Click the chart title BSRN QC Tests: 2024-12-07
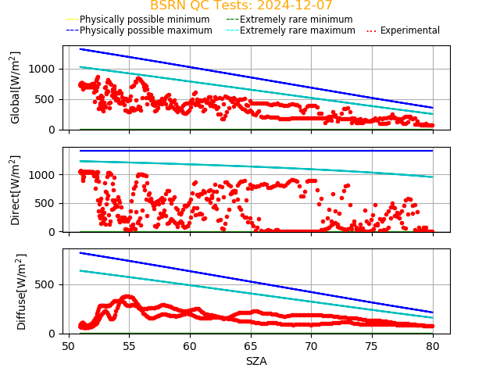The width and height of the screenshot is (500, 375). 241,5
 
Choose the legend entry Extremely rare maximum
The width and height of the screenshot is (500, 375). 296,30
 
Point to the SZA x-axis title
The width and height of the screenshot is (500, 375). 256,362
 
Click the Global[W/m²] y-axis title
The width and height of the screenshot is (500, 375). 16,87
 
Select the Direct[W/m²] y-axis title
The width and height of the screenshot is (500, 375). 16,190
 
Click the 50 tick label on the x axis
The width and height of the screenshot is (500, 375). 68,345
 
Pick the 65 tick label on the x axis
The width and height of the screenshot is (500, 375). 250,345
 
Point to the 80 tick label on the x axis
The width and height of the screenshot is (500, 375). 432,345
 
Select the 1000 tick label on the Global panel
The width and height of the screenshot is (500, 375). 44,69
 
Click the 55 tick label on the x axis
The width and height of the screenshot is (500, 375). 129,345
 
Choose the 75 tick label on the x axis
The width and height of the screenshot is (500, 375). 372,345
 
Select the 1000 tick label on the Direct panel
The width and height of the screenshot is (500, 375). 44,175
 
